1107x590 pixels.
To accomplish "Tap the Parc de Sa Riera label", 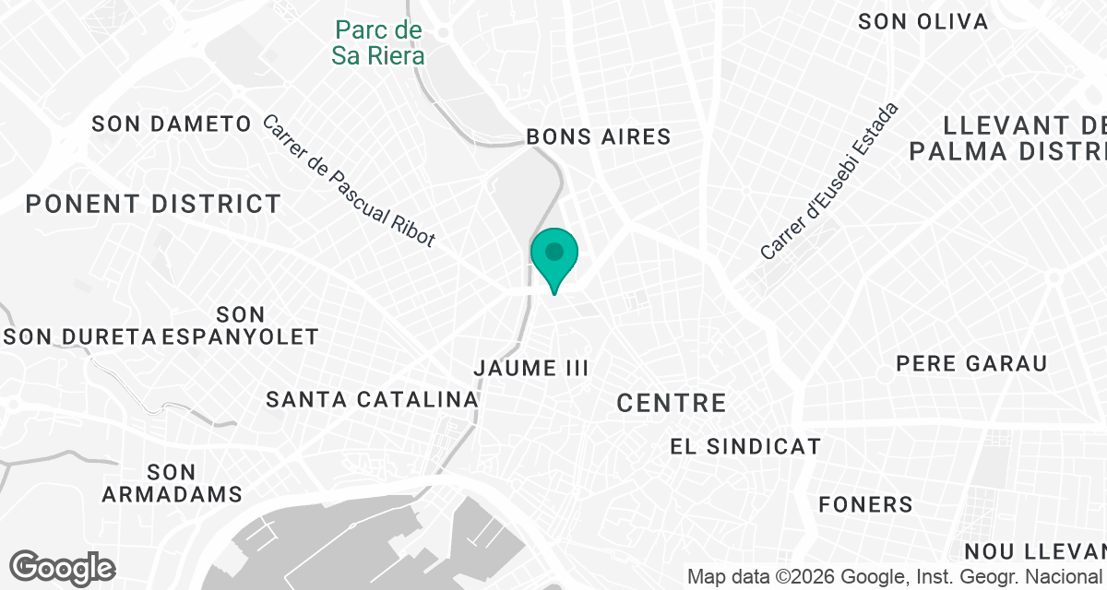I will tap(378, 43).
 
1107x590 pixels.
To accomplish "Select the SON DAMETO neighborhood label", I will tap(173, 124).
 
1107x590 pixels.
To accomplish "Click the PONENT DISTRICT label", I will tap(153, 204).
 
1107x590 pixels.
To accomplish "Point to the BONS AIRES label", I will tap(598, 136).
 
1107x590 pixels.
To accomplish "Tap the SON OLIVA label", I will tap(922, 21).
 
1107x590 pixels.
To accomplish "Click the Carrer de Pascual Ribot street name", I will tap(349, 182).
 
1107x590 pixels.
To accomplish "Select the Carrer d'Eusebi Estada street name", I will tap(829, 182).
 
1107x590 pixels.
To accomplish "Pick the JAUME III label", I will tap(530, 368).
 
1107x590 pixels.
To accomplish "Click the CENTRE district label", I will tap(672, 403).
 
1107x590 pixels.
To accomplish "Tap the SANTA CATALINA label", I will tap(373, 399).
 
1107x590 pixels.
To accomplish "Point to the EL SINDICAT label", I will tap(745, 447).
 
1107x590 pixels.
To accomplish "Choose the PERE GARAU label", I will tap(971, 363).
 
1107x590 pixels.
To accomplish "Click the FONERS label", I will tap(866, 504).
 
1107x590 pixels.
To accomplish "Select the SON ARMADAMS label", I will tap(173, 483).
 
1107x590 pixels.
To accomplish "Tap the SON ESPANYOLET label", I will tap(241, 326).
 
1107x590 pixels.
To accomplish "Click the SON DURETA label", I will tap(81, 336).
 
